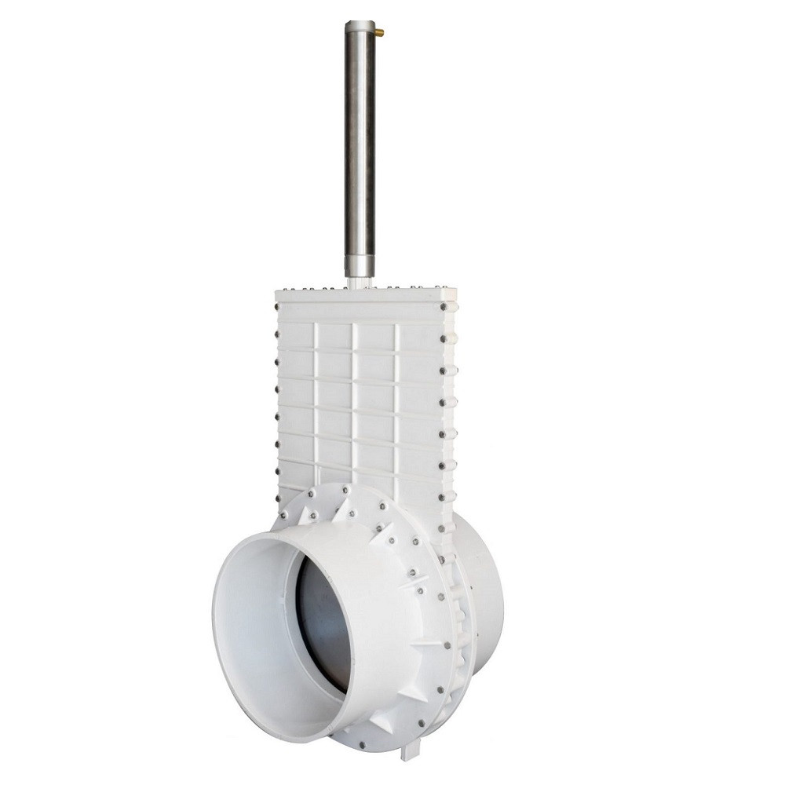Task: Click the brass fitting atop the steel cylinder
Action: point(379,33)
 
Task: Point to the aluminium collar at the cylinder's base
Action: point(360,265)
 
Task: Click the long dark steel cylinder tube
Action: point(360,141)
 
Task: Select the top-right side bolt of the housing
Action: point(452,309)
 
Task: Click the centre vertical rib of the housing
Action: point(354,392)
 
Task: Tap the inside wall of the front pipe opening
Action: point(259,628)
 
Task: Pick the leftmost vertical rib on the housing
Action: point(316,392)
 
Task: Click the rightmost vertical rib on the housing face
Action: point(396,392)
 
